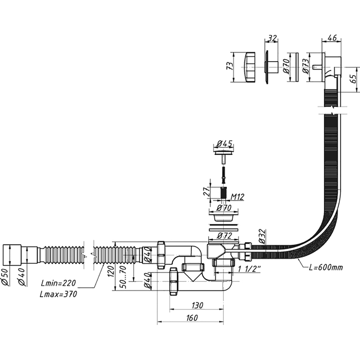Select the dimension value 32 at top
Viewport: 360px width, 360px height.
coord(272,39)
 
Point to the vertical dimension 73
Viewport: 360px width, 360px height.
coord(231,66)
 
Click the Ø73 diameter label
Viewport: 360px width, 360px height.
coord(305,66)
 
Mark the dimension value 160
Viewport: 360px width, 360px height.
coord(190,318)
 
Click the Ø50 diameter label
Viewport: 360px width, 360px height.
coord(6,278)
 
